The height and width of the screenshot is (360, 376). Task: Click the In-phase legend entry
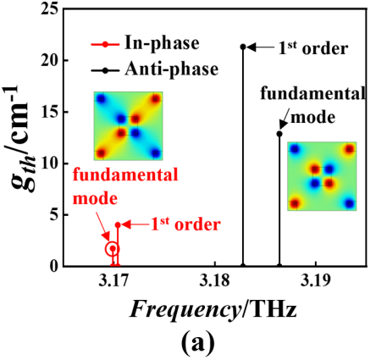point(145,44)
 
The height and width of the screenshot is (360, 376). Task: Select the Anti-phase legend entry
point(155,69)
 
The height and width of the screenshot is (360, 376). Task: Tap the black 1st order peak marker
point(243,47)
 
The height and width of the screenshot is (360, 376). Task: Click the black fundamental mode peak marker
point(279,134)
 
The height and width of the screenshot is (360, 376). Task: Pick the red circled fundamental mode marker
point(113,249)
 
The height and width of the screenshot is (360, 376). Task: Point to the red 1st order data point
point(118,225)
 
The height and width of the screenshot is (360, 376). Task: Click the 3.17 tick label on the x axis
point(113,282)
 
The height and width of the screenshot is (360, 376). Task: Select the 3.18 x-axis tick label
point(214,282)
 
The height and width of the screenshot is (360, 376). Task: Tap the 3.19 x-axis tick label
point(315,282)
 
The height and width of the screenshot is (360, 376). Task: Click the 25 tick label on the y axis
point(50,9)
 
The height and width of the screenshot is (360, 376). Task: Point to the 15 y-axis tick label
point(50,113)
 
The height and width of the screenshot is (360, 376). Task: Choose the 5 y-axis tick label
point(54,215)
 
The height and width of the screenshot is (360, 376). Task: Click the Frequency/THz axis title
point(213,311)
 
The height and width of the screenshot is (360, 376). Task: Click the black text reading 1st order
point(313,48)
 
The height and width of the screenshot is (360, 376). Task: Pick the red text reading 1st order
point(185,224)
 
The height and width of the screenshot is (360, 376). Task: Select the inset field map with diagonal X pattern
point(128,126)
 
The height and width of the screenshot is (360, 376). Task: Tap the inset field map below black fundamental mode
point(322,176)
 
